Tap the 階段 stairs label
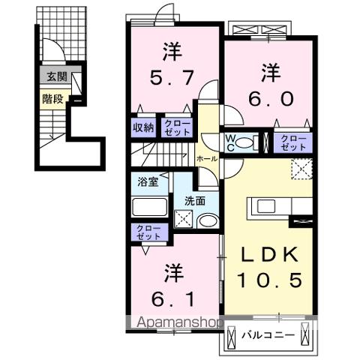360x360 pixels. coord(51,96)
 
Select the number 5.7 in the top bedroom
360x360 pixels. coord(173,77)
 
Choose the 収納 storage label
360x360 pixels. coord(144,127)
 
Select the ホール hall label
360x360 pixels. coord(207,160)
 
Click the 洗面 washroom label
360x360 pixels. coord(195,200)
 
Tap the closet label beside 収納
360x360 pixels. coord(178,127)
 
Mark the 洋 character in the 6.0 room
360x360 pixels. coord(270,72)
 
